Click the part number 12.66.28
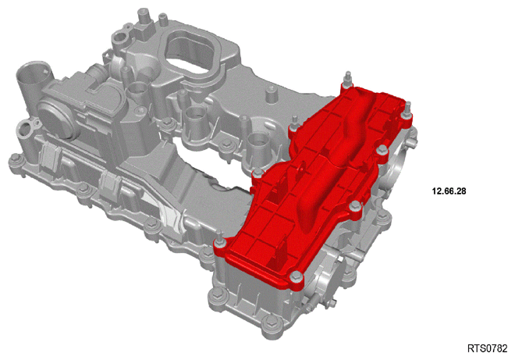449,191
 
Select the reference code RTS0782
488,348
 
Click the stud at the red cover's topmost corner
347,81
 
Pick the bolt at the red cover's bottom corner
297,278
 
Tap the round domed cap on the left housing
52,115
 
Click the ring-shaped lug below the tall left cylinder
27,129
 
